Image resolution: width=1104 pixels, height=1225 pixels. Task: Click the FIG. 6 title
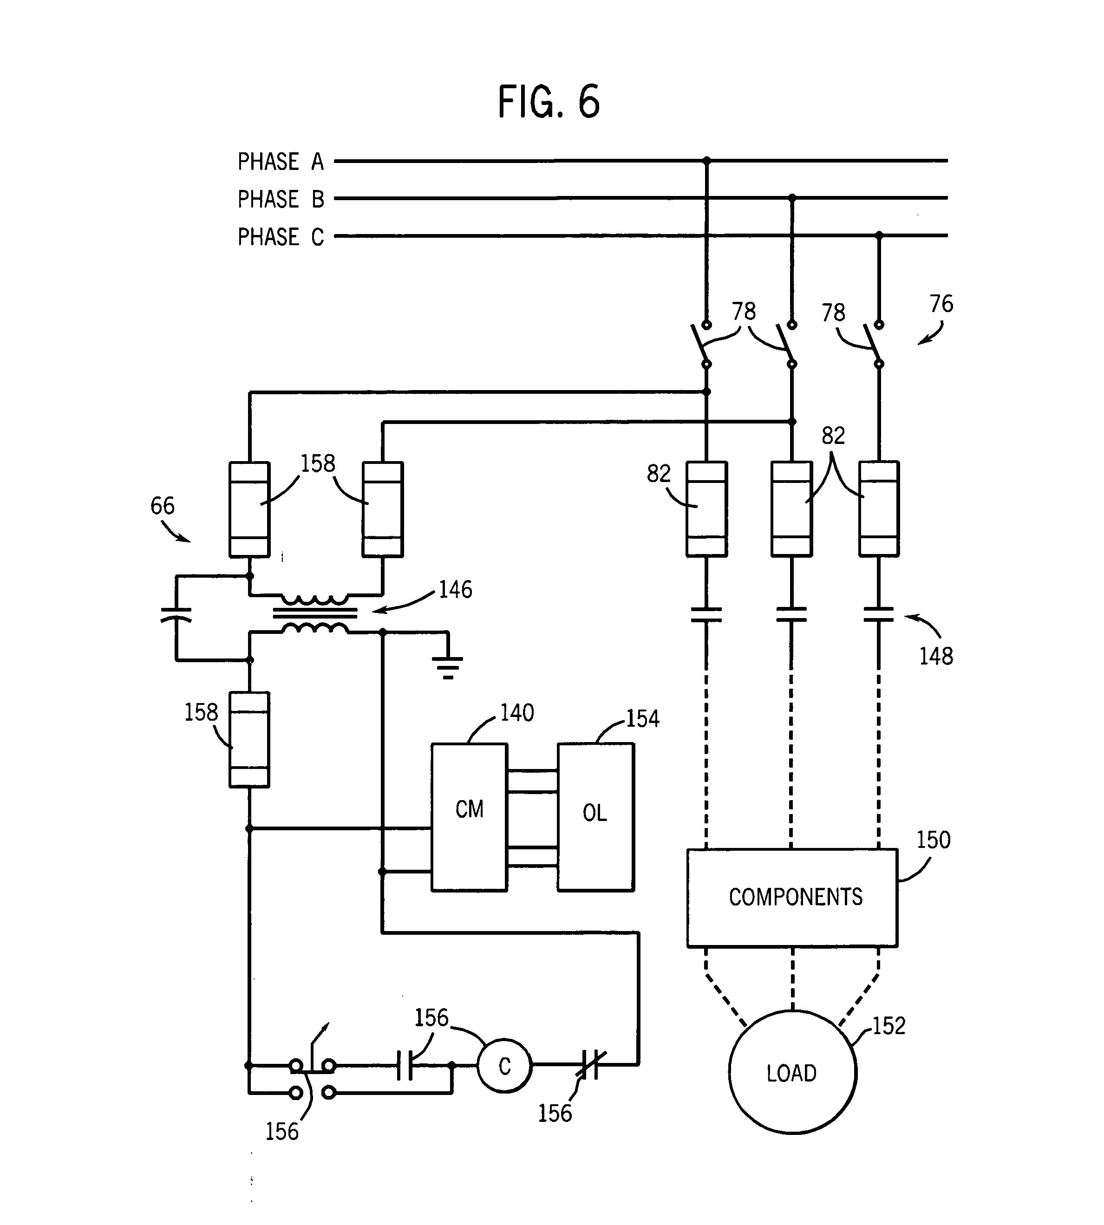pyautogui.click(x=549, y=102)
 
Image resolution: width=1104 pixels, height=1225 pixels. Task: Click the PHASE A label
pyautogui.click(x=280, y=162)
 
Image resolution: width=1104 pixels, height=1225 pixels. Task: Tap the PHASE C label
pyautogui.click(x=280, y=236)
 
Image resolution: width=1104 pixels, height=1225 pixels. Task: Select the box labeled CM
pyautogui.click(x=469, y=817)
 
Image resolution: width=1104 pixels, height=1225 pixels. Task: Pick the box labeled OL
pyautogui.click(x=595, y=817)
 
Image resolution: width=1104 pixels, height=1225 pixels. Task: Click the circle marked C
pyautogui.click(x=504, y=1066)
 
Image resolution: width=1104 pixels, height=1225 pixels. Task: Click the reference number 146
pyautogui.click(x=455, y=589)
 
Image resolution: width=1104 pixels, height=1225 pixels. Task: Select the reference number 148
pyautogui.click(x=935, y=656)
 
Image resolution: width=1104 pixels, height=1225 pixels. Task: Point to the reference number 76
pyautogui.click(x=941, y=303)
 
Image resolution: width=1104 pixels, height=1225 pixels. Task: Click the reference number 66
pyautogui.click(x=162, y=506)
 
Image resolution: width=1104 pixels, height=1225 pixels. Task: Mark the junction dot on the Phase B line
pyautogui.click(x=791, y=198)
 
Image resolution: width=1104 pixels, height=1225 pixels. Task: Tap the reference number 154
pyautogui.click(x=642, y=719)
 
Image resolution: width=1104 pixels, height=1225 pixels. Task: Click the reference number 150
pyautogui.click(x=933, y=840)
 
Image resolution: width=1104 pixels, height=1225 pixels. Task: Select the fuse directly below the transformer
pyautogui.click(x=248, y=739)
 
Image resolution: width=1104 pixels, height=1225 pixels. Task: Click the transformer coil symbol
pyautogui.click(x=315, y=614)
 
